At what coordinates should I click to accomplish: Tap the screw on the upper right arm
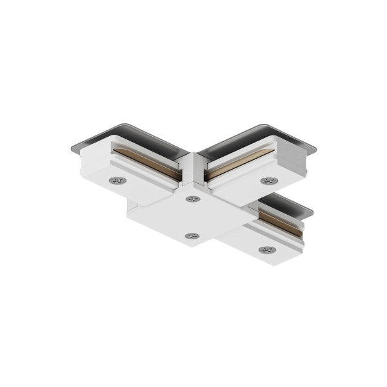(266, 181)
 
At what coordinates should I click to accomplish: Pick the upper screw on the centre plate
(192, 199)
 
